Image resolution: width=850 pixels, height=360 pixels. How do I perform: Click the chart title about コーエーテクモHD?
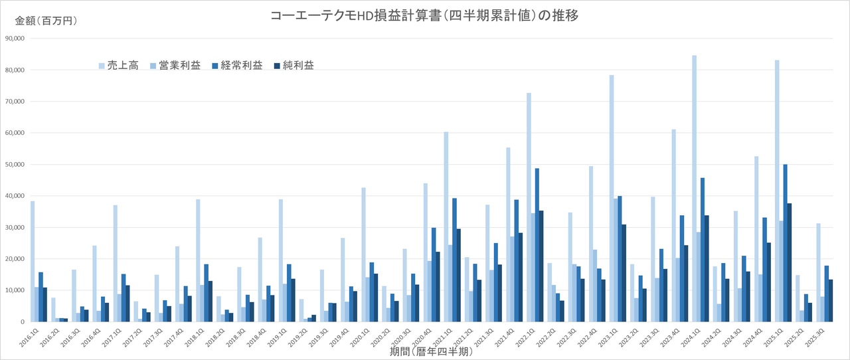point(424,16)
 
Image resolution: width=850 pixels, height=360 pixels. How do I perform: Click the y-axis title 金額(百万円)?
point(46,21)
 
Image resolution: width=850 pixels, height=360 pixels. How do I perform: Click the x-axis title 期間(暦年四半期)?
point(431,352)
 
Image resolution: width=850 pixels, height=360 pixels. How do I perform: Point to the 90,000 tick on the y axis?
point(14,39)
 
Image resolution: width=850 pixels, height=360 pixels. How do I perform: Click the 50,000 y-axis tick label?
point(14,164)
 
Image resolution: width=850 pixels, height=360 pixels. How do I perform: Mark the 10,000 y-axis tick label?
point(14,290)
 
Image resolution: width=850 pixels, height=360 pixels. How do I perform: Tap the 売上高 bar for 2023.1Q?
point(612,199)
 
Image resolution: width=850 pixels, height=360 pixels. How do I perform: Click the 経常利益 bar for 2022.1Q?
point(537,245)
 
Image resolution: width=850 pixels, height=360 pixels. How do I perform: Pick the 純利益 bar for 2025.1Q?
point(790,262)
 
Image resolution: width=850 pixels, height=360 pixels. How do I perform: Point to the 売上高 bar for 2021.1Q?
point(446,226)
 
